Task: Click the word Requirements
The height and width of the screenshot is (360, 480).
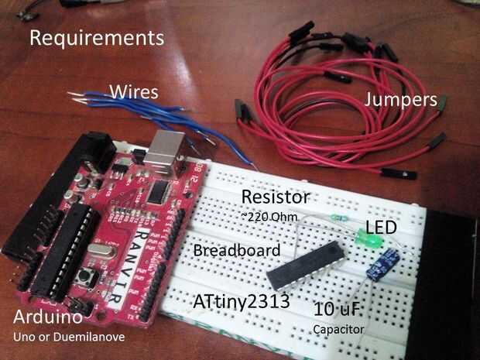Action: pyautogui.click(x=97, y=38)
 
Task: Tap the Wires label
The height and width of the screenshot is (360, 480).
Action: pyautogui.click(x=134, y=92)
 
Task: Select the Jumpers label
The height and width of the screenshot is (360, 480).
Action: pyautogui.click(x=401, y=101)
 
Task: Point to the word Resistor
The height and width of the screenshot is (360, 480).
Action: pyautogui.click(x=276, y=197)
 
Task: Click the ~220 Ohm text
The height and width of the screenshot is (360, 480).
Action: pyautogui.click(x=269, y=217)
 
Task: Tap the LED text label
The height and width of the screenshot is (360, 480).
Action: pyautogui.click(x=381, y=228)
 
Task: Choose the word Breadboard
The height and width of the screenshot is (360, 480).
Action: pyautogui.click(x=237, y=250)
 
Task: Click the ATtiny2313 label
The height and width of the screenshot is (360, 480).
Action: pyautogui.click(x=242, y=301)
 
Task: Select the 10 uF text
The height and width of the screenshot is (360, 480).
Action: pyautogui.click(x=337, y=309)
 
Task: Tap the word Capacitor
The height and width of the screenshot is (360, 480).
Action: pyautogui.click(x=338, y=329)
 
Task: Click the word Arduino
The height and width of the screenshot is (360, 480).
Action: pyautogui.click(x=48, y=317)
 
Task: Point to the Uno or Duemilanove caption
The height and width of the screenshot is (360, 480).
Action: pyautogui.click(x=69, y=337)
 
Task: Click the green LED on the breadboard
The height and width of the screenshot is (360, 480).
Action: pyautogui.click(x=369, y=238)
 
